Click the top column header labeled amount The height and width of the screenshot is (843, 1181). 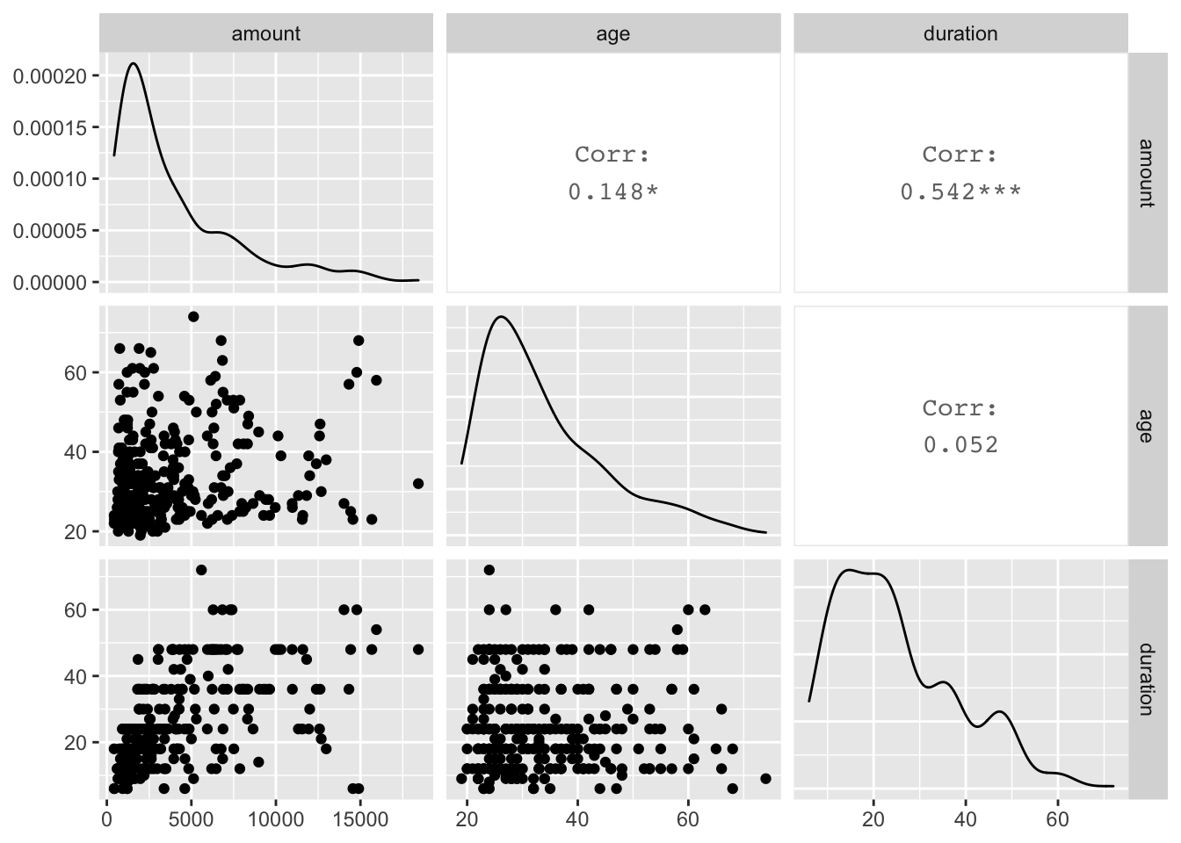click(x=265, y=33)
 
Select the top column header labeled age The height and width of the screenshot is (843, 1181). click(x=612, y=33)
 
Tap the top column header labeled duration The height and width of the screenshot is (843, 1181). click(x=960, y=33)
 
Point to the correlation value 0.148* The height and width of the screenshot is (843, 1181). click(x=612, y=191)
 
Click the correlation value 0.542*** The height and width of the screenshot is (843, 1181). click(x=960, y=191)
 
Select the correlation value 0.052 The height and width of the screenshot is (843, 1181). click(x=960, y=445)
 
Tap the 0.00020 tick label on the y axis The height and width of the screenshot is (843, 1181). click(x=50, y=76)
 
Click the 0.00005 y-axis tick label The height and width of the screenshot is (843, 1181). click(x=50, y=231)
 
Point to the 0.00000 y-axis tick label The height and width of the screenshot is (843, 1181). click(x=50, y=283)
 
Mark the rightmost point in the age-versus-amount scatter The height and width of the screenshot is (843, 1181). click(x=418, y=484)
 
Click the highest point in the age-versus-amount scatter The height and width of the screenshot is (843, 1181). click(x=193, y=317)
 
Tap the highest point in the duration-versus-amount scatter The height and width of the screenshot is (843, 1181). click(x=201, y=570)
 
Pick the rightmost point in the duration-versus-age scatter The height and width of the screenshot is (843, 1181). click(x=765, y=779)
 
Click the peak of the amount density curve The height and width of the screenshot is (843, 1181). click(x=134, y=63)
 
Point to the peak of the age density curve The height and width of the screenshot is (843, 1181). click(x=501, y=317)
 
